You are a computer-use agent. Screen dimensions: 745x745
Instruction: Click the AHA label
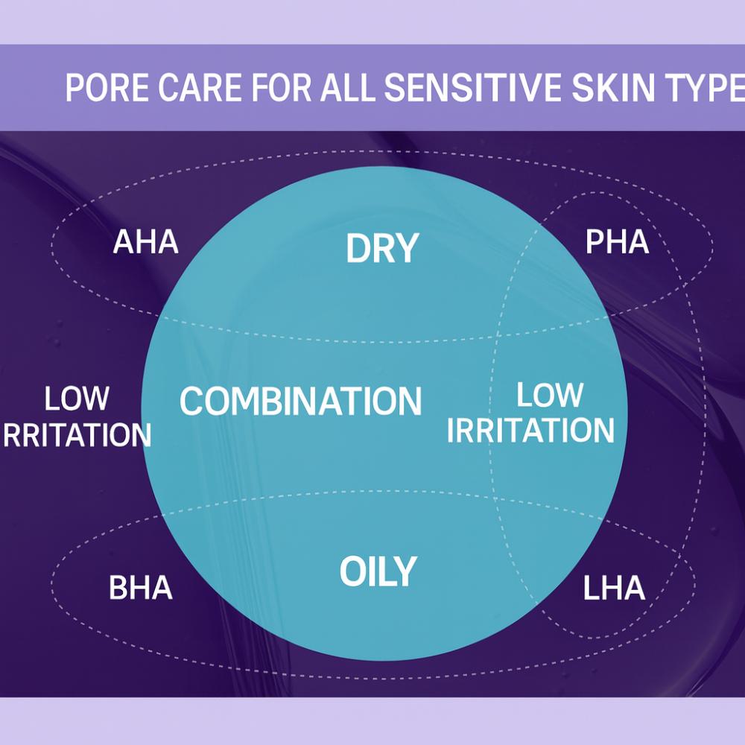pyautogui.click(x=146, y=242)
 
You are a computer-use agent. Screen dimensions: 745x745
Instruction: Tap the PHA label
pyautogui.click(x=617, y=242)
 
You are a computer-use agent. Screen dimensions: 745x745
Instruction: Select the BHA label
pyautogui.click(x=141, y=587)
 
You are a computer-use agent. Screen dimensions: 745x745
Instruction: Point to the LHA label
pyautogui.click(x=614, y=588)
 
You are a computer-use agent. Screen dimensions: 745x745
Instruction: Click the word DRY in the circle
pyautogui.click(x=382, y=247)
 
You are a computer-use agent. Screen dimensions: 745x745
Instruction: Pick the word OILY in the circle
pyautogui.click(x=378, y=571)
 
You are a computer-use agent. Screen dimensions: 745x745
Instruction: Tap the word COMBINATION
pyautogui.click(x=300, y=401)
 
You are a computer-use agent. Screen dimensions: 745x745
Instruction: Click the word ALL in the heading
pyautogui.click(x=347, y=87)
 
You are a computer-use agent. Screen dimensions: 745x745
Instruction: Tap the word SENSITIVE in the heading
pyautogui.click(x=472, y=87)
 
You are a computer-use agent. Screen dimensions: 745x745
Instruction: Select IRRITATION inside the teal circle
pyautogui.click(x=530, y=431)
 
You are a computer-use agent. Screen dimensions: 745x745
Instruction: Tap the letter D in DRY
pyautogui.click(x=358, y=247)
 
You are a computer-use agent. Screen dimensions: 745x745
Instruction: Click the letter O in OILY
pyautogui.click(x=352, y=571)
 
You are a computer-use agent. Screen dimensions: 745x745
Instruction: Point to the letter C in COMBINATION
pyautogui.click(x=192, y=401)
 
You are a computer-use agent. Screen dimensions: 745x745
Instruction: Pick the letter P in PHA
pyautogui.click(x=595, y=242)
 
